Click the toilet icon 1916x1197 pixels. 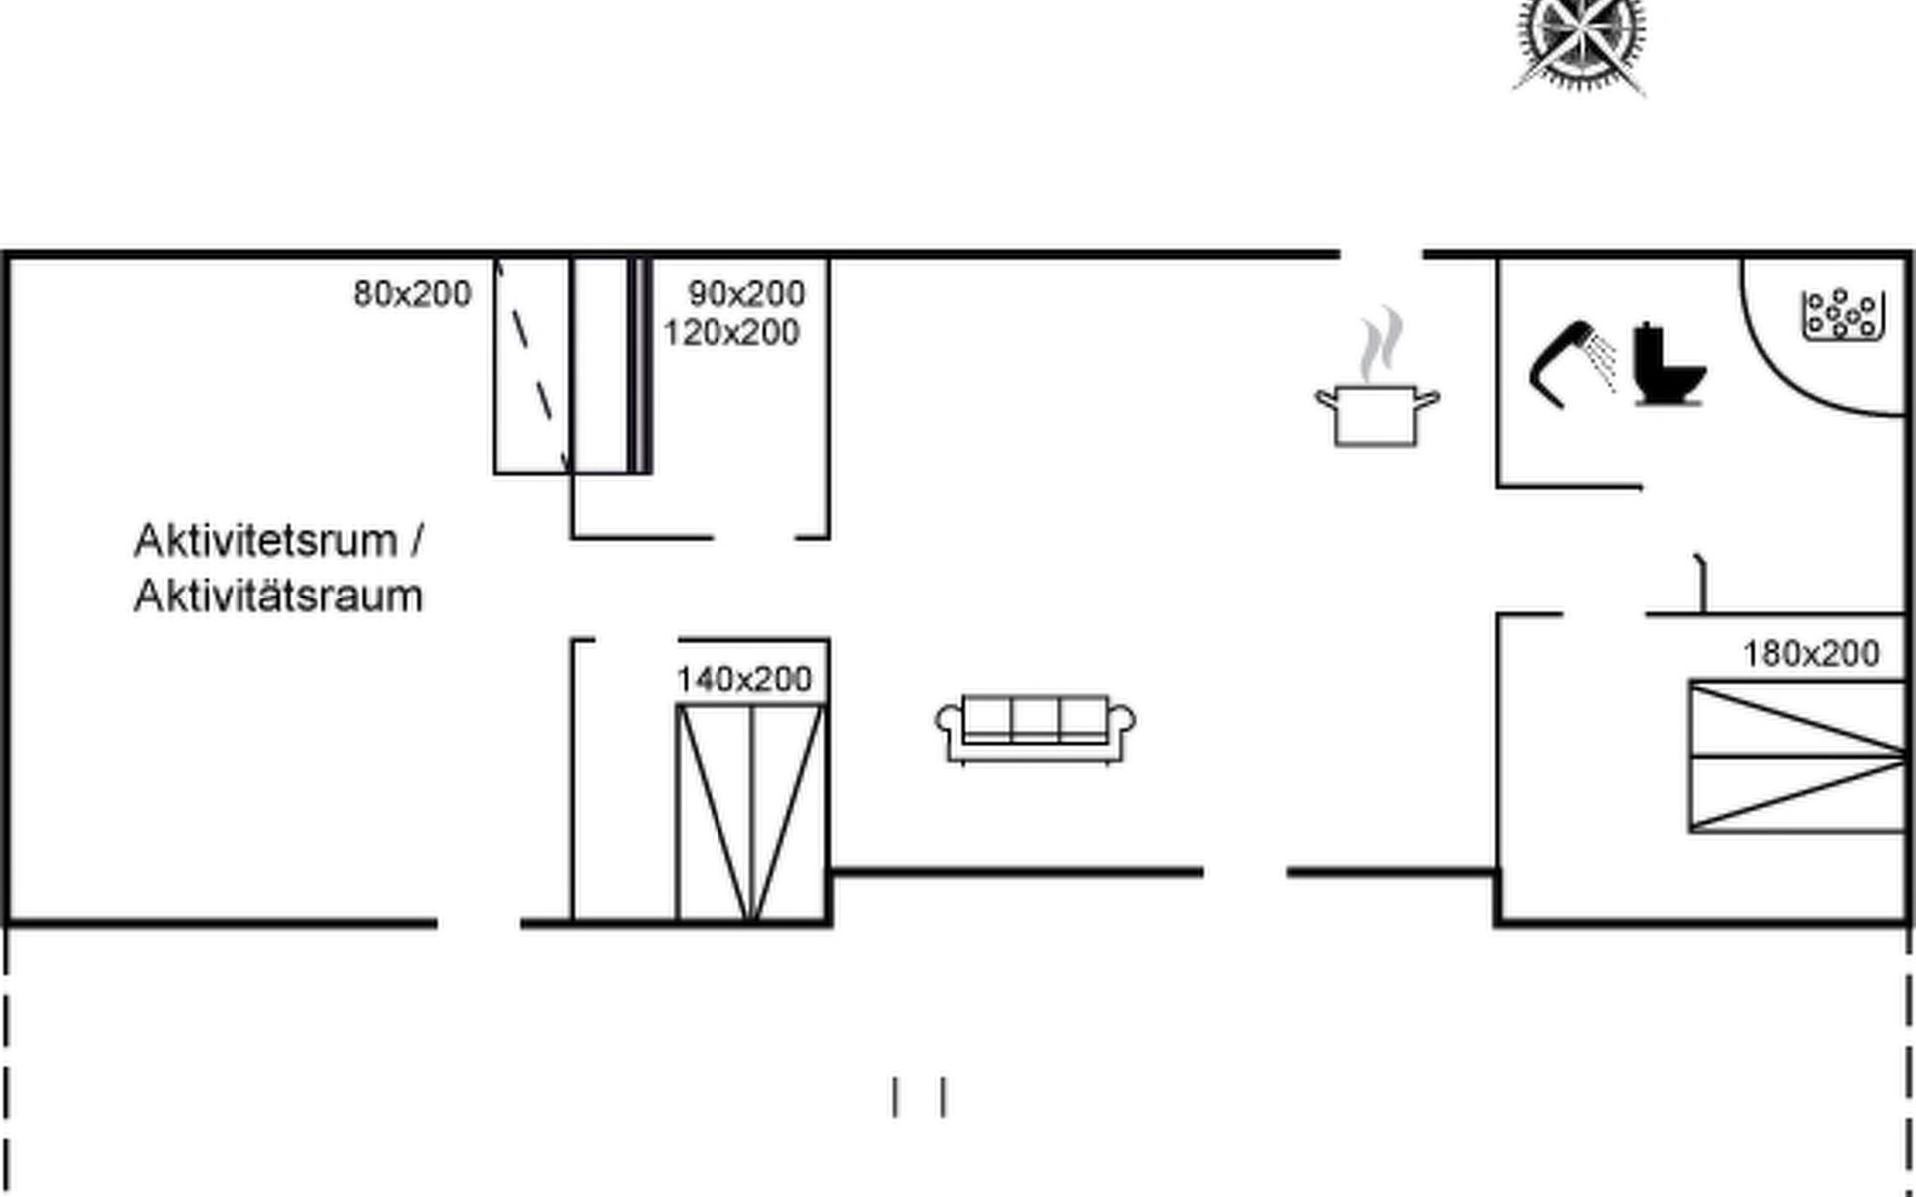click(1669, 364)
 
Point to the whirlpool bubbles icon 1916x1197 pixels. click(1843, 315)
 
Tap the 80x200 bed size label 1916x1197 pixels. click(412, 294)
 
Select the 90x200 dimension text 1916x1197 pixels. click(746, 293)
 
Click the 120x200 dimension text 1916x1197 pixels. click(731, 332)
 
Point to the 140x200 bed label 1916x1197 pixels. click(744, 679)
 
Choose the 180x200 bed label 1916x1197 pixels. click(1811, 654)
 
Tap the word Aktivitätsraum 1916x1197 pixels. click(278, 597)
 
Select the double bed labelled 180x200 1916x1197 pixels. click(1798, 756)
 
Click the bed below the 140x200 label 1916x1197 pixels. click(750, 812)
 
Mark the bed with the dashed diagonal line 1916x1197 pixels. click(533, 366)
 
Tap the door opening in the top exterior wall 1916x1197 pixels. click(1381, 256)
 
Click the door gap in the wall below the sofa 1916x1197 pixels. click(1245, 873)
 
